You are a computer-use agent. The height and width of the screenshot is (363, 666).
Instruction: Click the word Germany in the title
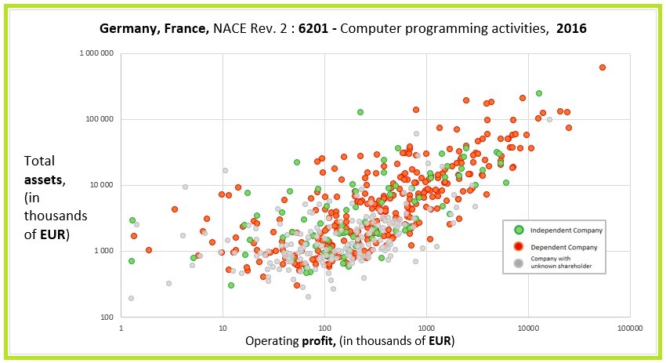[x=126, y=27]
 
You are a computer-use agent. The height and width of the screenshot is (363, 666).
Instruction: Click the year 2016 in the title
[x=572, y=27]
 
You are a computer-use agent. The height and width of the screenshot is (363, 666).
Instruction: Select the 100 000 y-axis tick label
[x=101, y=119]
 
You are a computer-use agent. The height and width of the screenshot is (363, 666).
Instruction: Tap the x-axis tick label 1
[x=121, y=327]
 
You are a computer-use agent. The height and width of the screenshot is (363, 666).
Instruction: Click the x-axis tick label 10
[x=223, y=327]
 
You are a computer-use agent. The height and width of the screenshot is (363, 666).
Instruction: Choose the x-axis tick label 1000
[x=425, y=327]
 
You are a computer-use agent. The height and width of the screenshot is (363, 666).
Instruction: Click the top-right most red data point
[x=602, y=67]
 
